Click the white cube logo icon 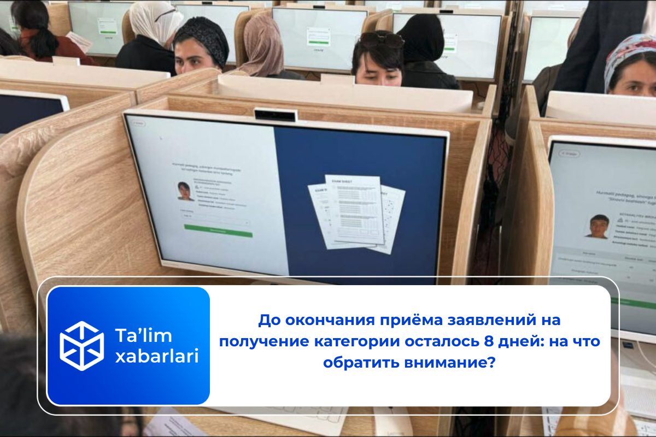[81, 346]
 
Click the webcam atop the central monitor [276, 115]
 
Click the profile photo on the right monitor [599, 226]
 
